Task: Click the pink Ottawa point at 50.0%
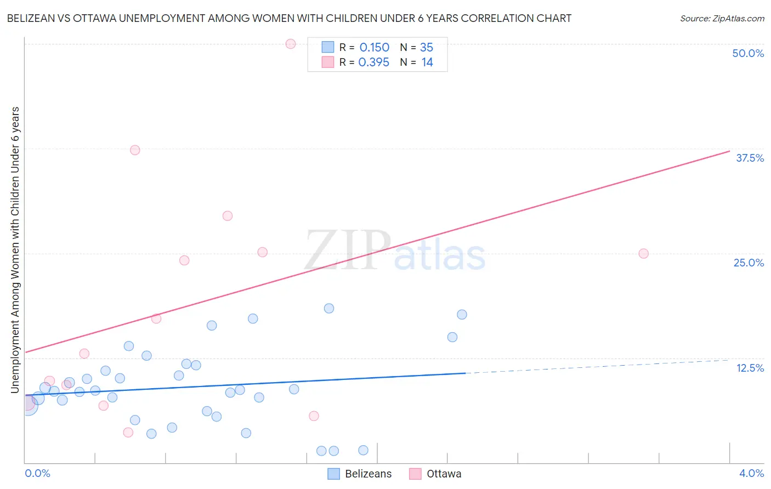(x=291, y=44)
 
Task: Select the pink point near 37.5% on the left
(x=135, y=150)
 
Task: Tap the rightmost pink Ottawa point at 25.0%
(x=643, y=253)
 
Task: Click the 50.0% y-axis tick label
(x=748, y=53)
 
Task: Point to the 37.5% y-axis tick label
(x=750, y=158)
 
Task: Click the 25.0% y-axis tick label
(x=749, y=263)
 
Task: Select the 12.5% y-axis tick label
(x=750, y=368)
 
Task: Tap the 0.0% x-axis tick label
(x=37, y=473)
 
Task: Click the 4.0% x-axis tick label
(x=751, y=473)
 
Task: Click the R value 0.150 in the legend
(x=374, y=48)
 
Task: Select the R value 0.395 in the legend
(x=373, y=62)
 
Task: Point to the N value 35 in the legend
(x=427, y=48)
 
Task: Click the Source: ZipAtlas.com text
(x=722, y=18)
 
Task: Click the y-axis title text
(x=15, y=249)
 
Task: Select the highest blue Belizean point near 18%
(x=329, y=308)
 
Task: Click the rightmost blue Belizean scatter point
(x=462, y=314)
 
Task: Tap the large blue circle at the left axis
(x=27, y=406)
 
